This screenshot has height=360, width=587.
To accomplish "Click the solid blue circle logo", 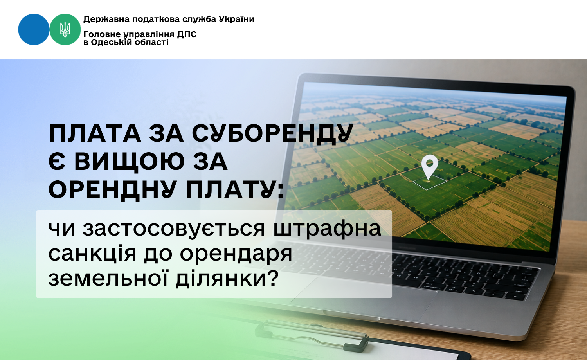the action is [x=34, y=29].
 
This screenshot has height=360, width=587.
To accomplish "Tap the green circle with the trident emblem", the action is [x=65, y=29].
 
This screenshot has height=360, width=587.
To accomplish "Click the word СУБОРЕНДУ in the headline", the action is [x=272, y=134].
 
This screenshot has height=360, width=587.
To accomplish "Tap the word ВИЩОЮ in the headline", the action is [x=130, y=162].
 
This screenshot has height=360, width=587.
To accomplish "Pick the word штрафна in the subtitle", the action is [x=327, y=229].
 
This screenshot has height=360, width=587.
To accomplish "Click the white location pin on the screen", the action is [x=430, y=166].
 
